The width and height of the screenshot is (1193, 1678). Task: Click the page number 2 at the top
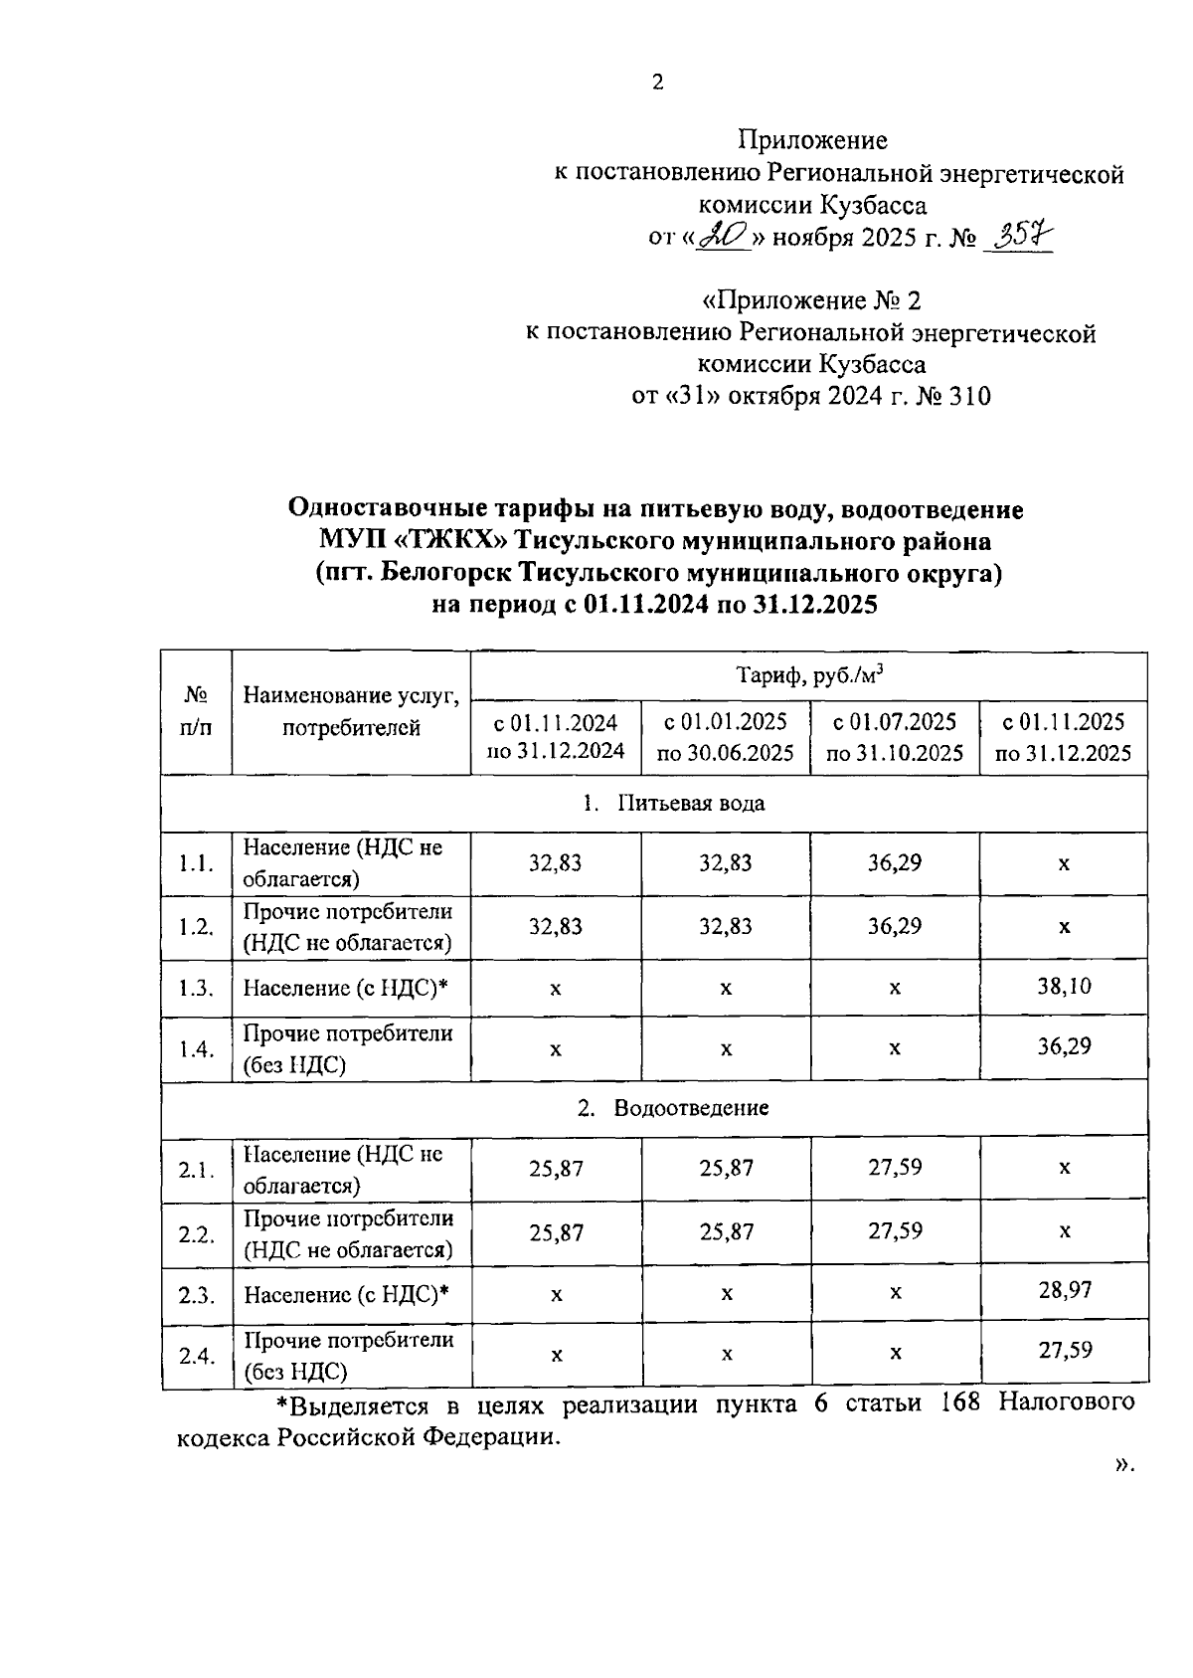pos(657,84)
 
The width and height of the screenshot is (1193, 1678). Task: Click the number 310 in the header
pos(969,397)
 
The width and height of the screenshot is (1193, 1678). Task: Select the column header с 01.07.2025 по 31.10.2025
pos(895,737)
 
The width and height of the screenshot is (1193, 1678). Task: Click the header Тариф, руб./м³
pos(809,676)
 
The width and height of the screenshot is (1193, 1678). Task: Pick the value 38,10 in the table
pos(1064,987)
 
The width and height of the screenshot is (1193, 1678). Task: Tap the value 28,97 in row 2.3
pos(1064,1291)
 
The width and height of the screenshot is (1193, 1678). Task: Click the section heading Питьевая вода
pos(691,804)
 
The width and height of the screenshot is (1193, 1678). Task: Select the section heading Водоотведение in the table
pos(691,1108)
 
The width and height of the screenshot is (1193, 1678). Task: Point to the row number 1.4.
pos(196,1049)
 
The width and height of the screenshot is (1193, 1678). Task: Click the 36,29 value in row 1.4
pos(1064,1046)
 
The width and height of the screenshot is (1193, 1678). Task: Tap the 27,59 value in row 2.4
pos(1064,1351)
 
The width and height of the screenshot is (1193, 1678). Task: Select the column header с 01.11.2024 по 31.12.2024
pos(556,737)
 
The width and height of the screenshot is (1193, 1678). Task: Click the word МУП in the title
pos(354,542)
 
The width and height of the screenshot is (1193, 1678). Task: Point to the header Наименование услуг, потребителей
pos(351,711)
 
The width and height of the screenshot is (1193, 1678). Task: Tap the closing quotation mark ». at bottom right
pos(1124,1464)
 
